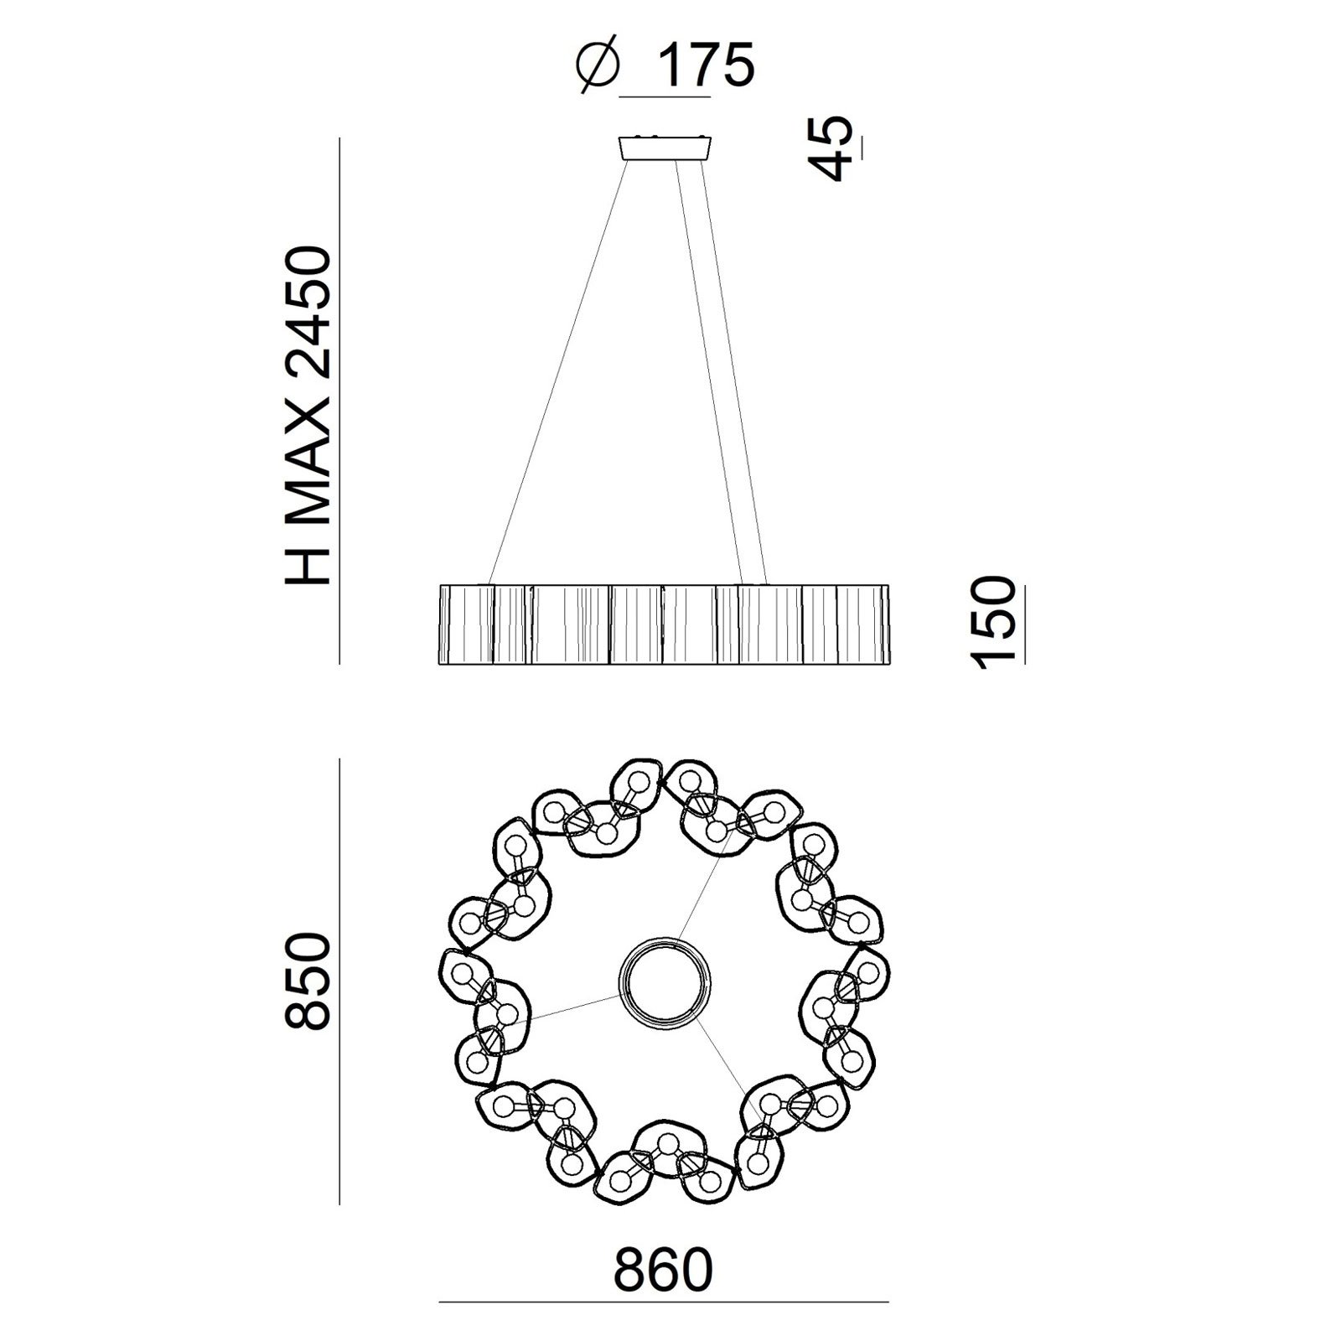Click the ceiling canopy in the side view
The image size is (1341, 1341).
pyautogui.click(x=665, y=148)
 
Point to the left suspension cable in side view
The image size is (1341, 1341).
pyautogui.click(x=557, y=369)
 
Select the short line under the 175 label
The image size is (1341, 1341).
pyautogui.click(x=665, y=98)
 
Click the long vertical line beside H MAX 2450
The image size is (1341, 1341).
pyautogui.click(x=339, y=402)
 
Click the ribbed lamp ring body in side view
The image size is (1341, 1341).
pyautogui.click(x=662, y=624)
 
